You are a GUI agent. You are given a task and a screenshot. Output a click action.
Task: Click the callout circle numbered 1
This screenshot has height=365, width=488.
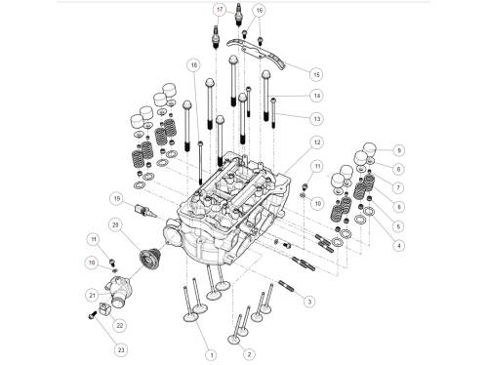(x=212, y=355)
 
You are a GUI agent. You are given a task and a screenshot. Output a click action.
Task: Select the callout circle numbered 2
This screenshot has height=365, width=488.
(x=249, y=354)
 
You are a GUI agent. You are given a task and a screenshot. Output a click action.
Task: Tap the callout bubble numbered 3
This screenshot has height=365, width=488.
(x=309, y=302)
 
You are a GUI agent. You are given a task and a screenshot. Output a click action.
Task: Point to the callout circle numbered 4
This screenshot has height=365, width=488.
(x=399, y=245)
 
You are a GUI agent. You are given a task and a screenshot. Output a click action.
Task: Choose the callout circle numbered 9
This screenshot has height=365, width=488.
(x=399, y=150)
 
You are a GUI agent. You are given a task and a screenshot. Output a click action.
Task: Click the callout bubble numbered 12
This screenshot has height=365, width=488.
(x=317, y=142)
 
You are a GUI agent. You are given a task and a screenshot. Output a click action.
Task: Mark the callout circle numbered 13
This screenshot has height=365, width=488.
(x=317, y=119)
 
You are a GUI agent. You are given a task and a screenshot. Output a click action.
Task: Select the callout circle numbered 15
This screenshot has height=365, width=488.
(x=316, y=74)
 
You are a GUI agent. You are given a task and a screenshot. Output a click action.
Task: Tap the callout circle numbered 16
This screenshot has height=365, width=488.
(x=259, y=11)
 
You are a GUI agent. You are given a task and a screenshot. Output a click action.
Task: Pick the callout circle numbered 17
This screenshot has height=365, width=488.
(x=220, y=10)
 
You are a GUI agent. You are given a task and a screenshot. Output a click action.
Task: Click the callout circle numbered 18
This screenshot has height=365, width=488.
(x=194, y=65)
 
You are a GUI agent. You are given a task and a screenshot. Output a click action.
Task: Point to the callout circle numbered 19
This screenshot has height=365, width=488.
(x=117, y=198)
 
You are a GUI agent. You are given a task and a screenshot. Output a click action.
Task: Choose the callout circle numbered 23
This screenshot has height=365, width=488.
(x=121, y=350)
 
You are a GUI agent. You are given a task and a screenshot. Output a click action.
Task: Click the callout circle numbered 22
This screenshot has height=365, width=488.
(x=120, y=325)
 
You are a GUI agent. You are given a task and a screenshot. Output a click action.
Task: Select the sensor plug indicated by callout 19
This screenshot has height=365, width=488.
(x=145, y=211)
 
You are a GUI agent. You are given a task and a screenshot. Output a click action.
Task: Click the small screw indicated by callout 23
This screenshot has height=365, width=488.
(x=93, y=315)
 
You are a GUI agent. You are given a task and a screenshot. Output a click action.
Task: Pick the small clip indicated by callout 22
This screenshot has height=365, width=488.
(x=104, y=308)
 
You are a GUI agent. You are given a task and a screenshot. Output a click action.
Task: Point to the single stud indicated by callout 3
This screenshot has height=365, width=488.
(x=286, y=286)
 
